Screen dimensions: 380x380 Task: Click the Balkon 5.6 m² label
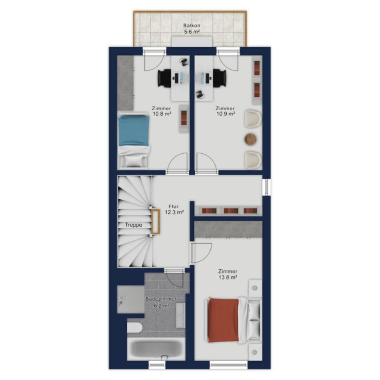click(191, 28)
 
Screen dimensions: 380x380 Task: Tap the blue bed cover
click(133, 130)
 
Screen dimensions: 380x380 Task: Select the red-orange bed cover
click(223, 320)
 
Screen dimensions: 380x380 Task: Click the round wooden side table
click(250, 139)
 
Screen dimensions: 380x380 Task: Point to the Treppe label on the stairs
click(133, 225)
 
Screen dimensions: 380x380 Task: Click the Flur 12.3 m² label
click(174, 209)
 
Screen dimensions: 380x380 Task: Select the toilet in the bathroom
click(135, 328)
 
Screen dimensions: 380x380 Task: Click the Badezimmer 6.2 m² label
click(161, 302)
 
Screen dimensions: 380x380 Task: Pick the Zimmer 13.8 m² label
click(228, 274)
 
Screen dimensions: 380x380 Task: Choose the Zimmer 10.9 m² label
click(225, 111)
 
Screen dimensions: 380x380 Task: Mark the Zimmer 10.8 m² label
click(162, 111)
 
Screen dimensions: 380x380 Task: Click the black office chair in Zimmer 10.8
click(165, 78)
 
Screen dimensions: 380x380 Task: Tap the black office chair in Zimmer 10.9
click(219, 78)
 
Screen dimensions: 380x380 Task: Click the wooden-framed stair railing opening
click(155, 221)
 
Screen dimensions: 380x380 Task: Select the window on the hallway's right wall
click(266, 187)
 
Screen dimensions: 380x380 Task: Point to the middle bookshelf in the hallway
click(231, 211)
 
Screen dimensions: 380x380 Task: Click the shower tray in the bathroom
click(130, 299)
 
